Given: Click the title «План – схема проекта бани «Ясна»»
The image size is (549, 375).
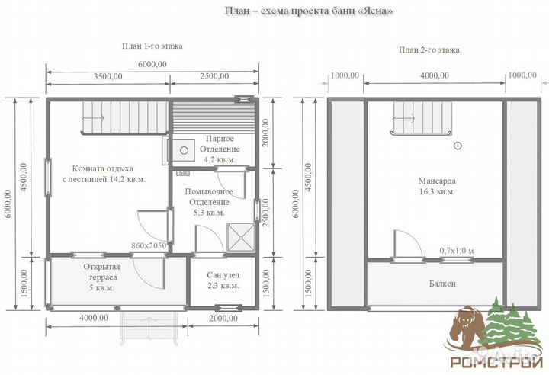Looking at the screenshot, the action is point(308,11).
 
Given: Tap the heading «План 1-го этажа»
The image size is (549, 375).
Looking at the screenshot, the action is point(152,46).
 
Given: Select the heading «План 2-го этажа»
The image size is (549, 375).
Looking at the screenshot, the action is point(429,50).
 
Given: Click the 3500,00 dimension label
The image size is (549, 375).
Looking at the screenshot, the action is point(108,76).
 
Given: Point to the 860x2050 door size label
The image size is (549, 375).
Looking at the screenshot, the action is point(149,245).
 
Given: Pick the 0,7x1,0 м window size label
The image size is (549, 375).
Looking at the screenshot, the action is point(457,251).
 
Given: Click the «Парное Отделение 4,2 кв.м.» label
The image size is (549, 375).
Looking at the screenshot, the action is point(220,149).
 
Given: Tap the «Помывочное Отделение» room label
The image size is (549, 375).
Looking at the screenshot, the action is point(209,197).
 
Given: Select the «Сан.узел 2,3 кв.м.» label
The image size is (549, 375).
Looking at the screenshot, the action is point(223,280).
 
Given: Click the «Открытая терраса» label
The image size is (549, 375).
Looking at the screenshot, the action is point(101,272).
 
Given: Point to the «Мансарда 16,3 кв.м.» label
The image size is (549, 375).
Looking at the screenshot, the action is point(438,186).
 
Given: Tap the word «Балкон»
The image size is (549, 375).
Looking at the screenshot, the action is point(442,284).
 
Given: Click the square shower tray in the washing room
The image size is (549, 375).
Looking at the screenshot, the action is point(241,237).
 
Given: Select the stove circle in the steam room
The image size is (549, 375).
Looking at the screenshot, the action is point(185,150).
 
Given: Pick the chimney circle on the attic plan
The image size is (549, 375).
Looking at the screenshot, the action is point(457,146).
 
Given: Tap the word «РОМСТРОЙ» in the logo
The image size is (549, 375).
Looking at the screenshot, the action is point(496,362).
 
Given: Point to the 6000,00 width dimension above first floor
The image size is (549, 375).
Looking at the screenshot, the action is point(152,65).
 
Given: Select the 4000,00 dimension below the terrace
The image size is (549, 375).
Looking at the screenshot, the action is point(94,319).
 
